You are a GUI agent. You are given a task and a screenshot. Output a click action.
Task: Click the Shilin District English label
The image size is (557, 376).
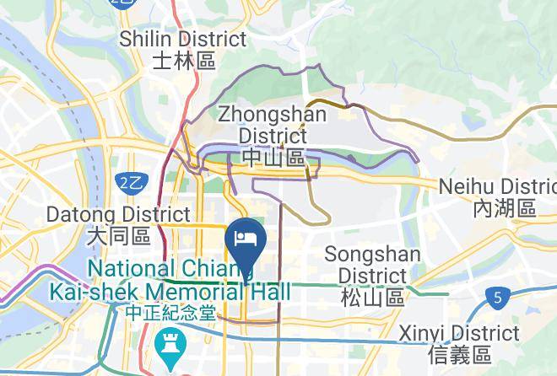[183, 40]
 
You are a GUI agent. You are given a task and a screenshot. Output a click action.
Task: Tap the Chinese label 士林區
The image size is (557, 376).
[184, 61]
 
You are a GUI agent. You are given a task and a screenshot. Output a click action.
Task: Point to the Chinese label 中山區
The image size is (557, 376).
[273, 157]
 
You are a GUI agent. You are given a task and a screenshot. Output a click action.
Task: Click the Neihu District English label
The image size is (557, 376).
[498, 186]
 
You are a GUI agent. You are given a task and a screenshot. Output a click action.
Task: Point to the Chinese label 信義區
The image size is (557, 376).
[459, 353]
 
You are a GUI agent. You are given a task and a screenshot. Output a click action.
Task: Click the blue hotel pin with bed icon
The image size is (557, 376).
[246, 236]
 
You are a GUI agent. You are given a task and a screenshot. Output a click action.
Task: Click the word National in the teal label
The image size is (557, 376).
[138, 270]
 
